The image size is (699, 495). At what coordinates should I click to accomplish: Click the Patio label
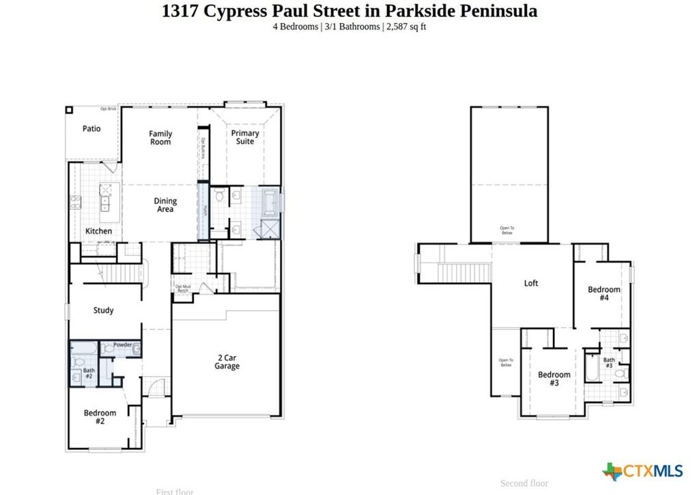(x=91, y=129)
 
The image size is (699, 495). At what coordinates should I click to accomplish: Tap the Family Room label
(x=160, y=138)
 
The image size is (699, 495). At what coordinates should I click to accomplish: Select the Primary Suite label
(x=245, y=137)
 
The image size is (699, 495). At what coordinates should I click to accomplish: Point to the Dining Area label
(x=165, y=205)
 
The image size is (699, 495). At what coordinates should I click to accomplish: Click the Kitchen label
(x=98, y=231)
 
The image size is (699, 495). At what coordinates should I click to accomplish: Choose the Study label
(x=103, y=310)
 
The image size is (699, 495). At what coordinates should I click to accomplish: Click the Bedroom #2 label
(x=100, y=417)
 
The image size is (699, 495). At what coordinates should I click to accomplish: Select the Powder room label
(x=122, y=345)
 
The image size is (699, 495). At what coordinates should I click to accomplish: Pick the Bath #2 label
(x=89, y=374)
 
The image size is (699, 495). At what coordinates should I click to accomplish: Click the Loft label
(x=530, y=283)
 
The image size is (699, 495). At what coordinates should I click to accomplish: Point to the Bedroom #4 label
(x=604, y=294)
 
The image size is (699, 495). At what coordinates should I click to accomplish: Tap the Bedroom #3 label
(x=554, y=379)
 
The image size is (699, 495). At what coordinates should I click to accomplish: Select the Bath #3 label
(x=608, y=363)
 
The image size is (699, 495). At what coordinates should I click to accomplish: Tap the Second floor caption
(x=524, y=483)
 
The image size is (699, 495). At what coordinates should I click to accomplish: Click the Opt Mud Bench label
(x=182, y=289)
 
